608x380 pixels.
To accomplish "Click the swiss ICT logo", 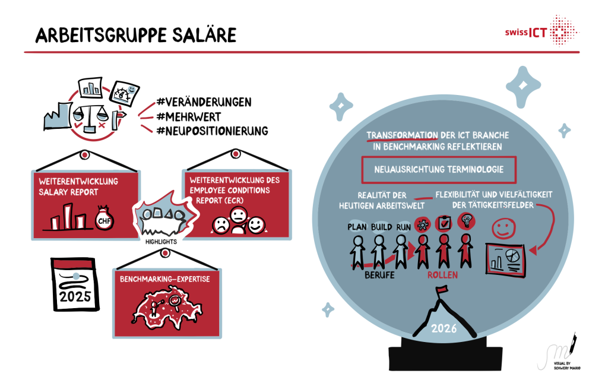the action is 541,30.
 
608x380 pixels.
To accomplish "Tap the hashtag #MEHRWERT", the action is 189,117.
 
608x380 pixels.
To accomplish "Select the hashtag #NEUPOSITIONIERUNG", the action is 213,131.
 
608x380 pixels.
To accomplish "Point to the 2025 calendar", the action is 75,284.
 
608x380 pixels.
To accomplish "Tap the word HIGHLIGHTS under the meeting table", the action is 161,242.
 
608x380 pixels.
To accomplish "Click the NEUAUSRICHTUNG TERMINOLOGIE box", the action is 439,169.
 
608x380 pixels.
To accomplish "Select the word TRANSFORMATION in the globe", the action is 402,135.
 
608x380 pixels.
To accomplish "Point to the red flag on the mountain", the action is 441,290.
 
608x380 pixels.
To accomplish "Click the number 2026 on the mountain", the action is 444,328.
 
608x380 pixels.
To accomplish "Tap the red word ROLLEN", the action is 442,275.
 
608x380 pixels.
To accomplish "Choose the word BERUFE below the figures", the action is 379,275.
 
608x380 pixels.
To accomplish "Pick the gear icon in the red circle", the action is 423,224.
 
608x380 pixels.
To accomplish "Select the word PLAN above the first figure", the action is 357,227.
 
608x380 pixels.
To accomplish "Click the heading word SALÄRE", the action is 204,35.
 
